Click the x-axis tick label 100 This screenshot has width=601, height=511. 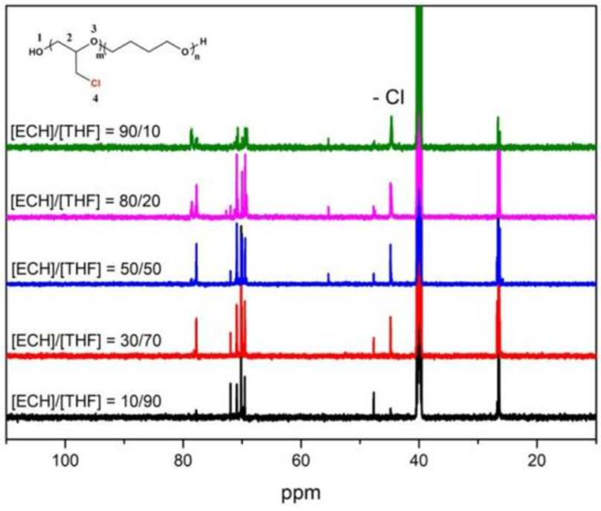click(x=65, y=460)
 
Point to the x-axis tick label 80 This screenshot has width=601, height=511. click(x=183, y=460)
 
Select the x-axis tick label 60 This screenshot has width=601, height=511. click(x=301, y=460)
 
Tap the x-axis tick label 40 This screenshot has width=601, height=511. click(x=419, y=460)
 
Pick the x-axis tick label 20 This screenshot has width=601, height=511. click(x=536, y=460)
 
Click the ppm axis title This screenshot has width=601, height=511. click(x=301, y=492)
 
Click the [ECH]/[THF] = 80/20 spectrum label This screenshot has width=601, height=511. click(x=86, y=201)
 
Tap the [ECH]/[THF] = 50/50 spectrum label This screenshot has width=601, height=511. click(x=86, y=269)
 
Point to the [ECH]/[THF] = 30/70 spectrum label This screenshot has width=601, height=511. click(x=86, y=341)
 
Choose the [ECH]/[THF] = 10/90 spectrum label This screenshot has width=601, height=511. click(x=86, y=402)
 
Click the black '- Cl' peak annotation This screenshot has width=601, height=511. click(x=388, y=97)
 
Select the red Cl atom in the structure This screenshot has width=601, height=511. click(x=96, y=83)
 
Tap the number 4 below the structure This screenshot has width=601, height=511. click(x=95, y=98)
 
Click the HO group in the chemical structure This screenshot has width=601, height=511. click(x=36, y=52)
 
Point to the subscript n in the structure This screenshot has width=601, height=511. click(x=197, y=58)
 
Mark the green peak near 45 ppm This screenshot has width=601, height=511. click(x=391, y=131)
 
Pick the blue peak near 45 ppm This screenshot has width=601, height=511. click(x=391, y=264)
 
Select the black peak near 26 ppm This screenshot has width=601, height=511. click(x=498, y=387)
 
